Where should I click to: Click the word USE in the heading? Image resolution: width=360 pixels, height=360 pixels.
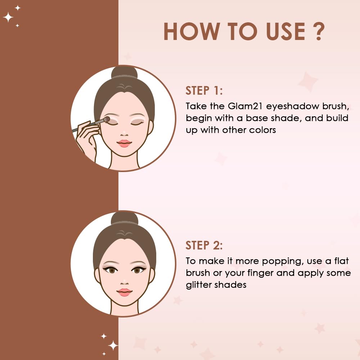click(285, 31)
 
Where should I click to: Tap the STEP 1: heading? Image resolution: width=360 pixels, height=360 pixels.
click(204, 90)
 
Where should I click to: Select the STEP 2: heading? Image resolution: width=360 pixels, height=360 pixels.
click(204, 245)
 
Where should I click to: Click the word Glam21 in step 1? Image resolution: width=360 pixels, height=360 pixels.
click(245, 106)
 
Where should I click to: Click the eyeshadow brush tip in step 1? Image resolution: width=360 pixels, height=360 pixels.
click(107, 119)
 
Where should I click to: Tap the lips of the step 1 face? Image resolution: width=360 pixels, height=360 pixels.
click(124, 144)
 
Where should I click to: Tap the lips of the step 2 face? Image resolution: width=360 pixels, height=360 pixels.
click(125, 292)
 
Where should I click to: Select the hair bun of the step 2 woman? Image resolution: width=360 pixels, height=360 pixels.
click(125, 218)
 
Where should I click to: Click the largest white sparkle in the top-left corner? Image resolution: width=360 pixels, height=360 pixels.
click(8, 17)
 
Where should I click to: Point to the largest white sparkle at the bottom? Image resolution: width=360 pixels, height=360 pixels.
click(113, 346)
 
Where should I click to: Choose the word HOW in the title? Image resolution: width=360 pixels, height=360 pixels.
click(190, 31)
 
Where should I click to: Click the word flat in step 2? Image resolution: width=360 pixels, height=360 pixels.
click(341, 261)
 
